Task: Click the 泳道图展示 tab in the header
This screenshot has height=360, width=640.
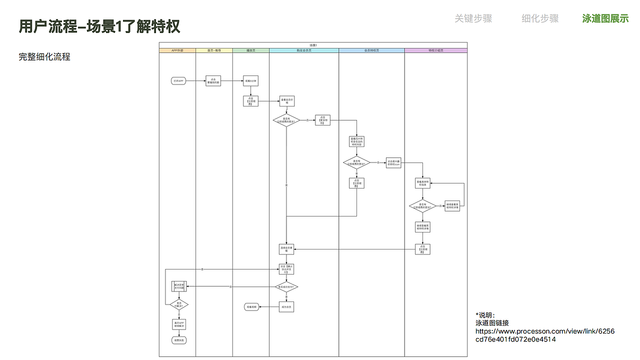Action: [x=605, y=18]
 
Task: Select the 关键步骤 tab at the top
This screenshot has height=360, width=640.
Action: [x=473, y=18]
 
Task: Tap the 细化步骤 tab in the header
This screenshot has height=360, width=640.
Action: [x=540, y=18]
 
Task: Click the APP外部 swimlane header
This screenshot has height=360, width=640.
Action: [x=177, y=50]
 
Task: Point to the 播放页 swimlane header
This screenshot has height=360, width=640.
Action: [x=250, y=50]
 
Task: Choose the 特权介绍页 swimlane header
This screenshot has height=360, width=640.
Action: [x=435, y=50]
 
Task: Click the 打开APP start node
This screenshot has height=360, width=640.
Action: [x=178, y=81]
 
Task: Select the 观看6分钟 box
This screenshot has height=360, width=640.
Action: [x=250, y=81]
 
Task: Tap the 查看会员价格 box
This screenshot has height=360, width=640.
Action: [x=286, y=101]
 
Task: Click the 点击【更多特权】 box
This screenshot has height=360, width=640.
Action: [x=322, y=120]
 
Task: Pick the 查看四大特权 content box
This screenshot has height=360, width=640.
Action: [x=356, y=141]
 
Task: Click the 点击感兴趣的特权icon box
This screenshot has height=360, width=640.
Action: [x=393, y=163]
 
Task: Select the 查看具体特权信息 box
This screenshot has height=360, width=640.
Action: [x=422, y=183]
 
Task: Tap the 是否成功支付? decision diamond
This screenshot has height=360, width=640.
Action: [x=286, y=287]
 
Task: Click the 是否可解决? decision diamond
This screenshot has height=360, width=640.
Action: [x=178, y=304]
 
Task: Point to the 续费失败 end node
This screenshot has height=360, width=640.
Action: [x=178, y=340]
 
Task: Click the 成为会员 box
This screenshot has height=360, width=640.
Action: [x=286, y=307]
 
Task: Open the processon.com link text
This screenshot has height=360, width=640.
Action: [x=544, y=335]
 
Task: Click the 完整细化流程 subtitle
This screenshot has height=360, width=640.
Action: [x=44, y=57]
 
